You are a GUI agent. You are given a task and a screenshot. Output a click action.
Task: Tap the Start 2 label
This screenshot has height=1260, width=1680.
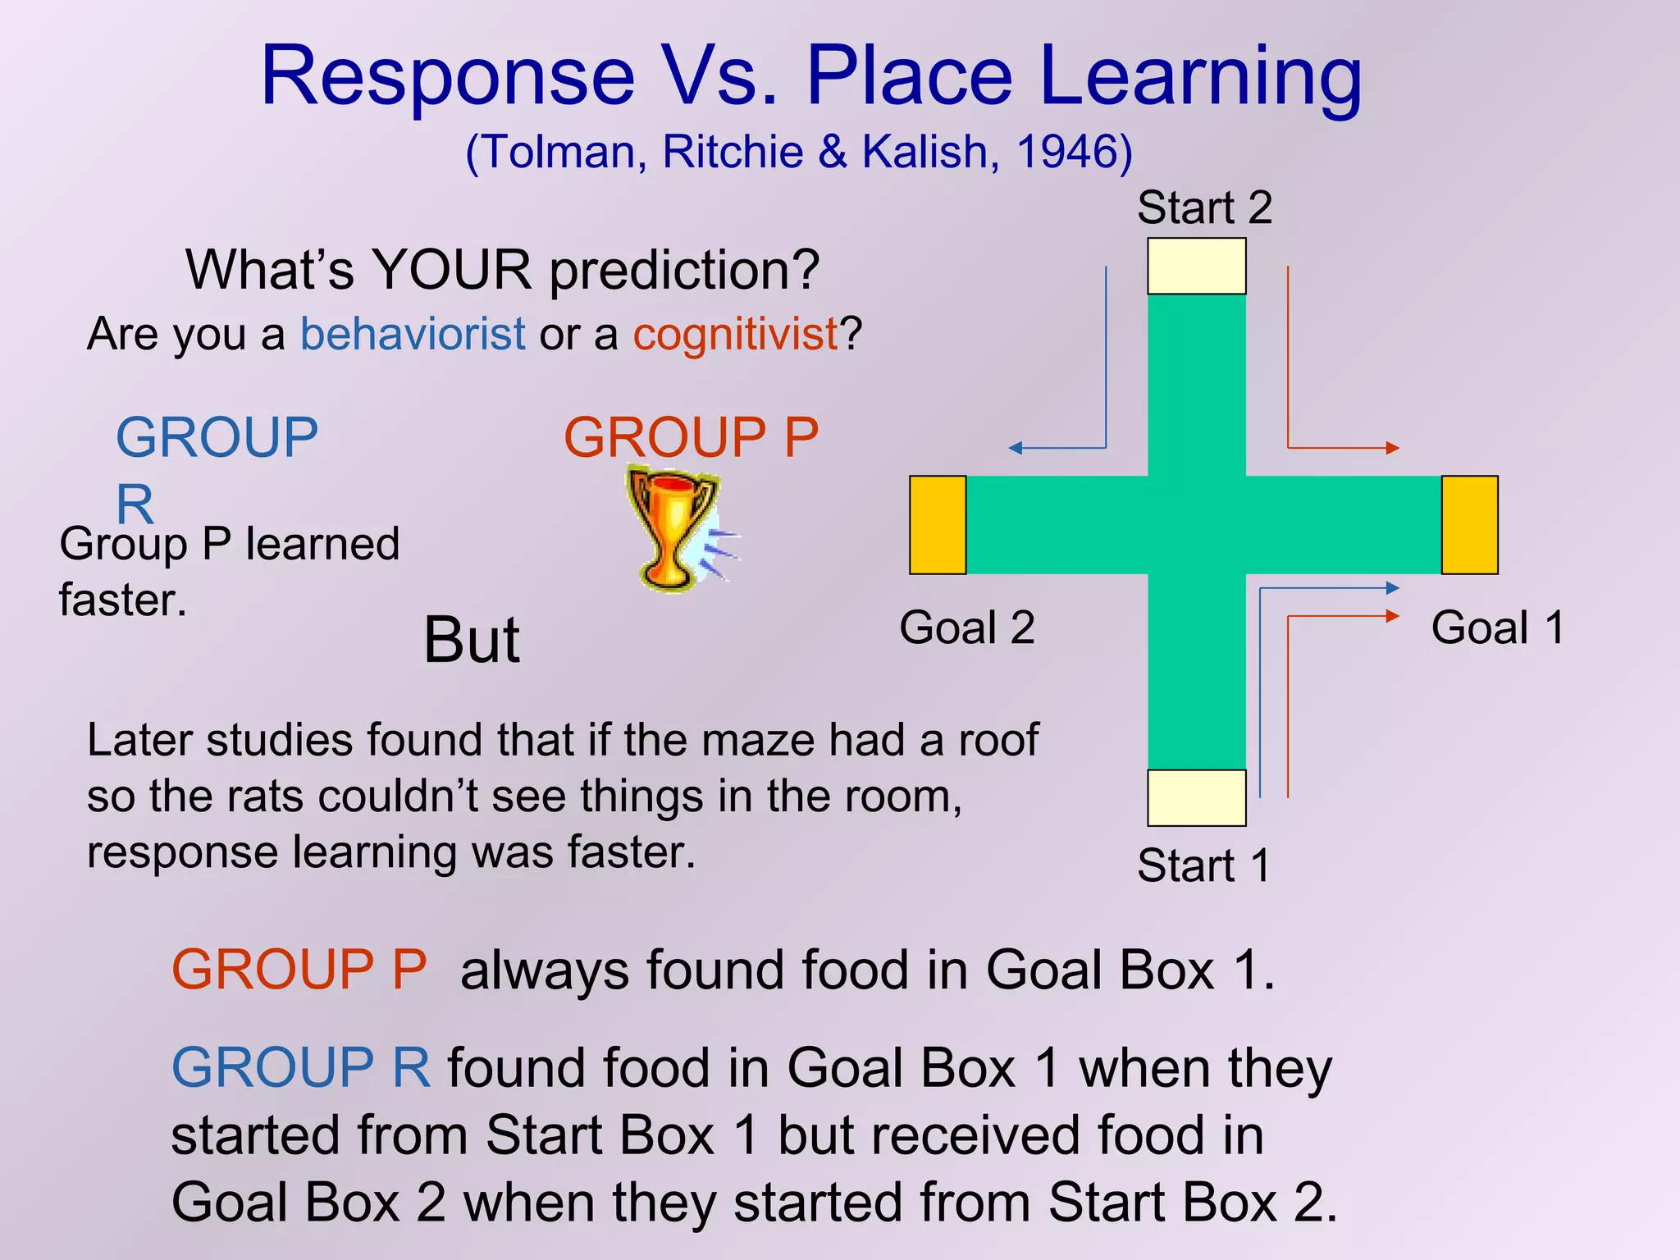[x=1203, y=208]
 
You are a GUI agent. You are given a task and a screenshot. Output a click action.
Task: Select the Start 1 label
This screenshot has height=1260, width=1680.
[x=1203, y=865]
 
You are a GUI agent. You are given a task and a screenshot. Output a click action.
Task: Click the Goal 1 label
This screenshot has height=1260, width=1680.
[x=1497, y=628]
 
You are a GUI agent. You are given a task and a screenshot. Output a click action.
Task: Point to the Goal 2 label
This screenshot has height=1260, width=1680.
[x=966, y=628]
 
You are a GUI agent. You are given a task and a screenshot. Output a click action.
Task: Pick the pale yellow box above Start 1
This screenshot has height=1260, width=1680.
[x=1196, y=797]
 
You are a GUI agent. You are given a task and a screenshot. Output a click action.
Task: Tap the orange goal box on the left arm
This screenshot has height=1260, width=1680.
[x=938, y=525]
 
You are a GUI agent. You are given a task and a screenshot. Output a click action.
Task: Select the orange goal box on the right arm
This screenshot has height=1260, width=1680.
[x=1469, y=525]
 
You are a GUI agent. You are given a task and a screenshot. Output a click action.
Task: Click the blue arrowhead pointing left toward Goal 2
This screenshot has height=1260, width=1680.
[x=1016, y=448]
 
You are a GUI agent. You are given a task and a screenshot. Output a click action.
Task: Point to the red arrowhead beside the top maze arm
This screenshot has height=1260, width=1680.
[x=1392, y=448]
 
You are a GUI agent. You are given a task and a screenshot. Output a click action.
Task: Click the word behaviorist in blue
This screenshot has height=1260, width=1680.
[x=412, y=335]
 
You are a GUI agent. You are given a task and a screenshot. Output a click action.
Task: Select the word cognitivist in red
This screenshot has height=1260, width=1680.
[x=735, y=335]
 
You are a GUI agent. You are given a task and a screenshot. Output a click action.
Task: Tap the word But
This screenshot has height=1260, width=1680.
[x=471, y=641]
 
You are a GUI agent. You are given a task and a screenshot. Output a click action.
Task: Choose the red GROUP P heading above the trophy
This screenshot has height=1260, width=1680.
[x=691, y=437]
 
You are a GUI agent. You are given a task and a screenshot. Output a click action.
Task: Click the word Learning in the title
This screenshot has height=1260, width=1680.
[x=1200, y=78]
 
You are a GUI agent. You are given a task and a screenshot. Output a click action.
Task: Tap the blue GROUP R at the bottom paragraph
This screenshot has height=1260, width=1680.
[x=300, y=1068]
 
